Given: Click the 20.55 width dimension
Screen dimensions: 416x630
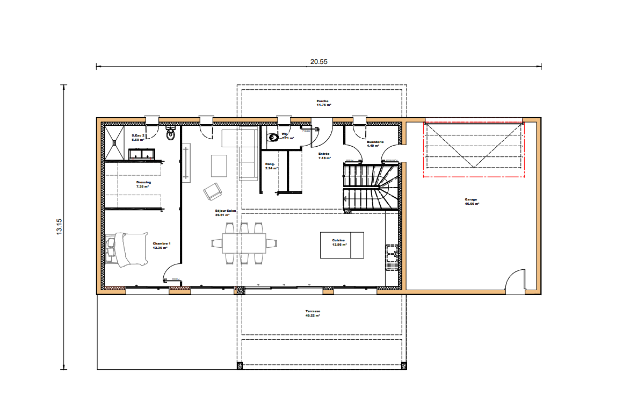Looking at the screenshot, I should tap(318, 61).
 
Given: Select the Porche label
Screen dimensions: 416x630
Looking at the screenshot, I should tap(323, 103).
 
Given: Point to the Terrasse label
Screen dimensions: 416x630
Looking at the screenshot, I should tap(313, 313).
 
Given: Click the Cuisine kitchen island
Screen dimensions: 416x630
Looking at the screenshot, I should tap(342, 245).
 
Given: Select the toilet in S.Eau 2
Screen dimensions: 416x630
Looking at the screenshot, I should tap(171, 134).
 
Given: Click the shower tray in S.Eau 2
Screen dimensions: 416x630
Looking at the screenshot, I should tap(114, 142).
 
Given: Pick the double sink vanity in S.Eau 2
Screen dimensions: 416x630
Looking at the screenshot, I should tap(142, 154).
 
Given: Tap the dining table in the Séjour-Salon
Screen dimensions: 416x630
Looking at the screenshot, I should tap(244, 243).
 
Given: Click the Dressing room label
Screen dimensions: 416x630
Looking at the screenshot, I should tap(143, 184).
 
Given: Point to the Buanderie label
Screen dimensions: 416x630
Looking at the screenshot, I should tap(375, 144).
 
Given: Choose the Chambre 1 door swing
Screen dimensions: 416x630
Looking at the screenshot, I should tap(172, 273).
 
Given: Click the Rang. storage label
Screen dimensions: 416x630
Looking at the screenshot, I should tap(270, 166).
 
